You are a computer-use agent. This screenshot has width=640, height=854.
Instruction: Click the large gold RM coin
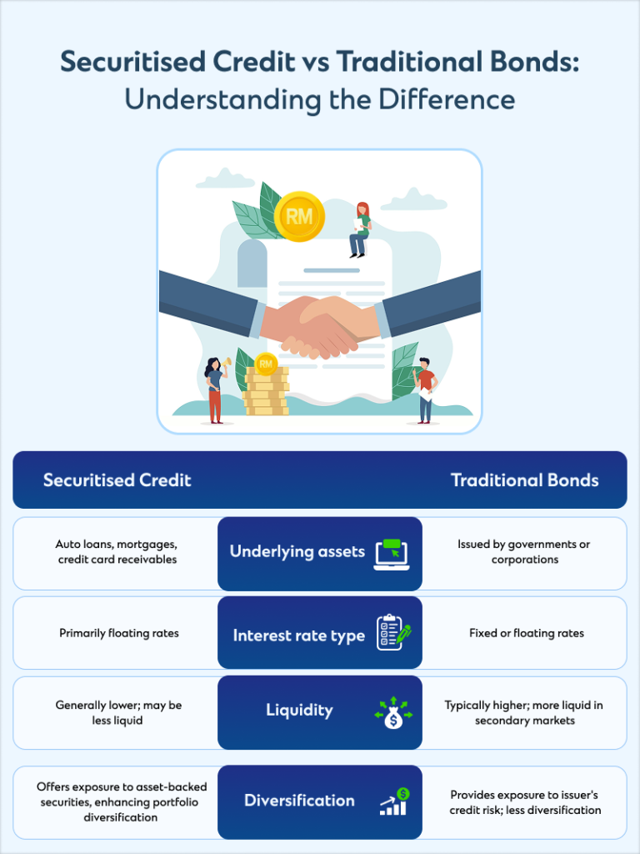pos(298,217)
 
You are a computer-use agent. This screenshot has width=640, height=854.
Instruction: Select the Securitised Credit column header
pos(117,480)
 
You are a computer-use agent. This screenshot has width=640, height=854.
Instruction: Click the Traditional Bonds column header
pos(524,480)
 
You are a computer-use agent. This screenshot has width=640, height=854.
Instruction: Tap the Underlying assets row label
pos(297,552)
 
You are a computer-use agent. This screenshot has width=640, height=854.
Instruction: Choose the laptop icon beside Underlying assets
pos(392,554)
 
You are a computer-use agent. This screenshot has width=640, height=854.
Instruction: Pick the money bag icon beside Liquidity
pos(392,714)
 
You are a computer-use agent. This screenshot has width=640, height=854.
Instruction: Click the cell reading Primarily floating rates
pos(119,633)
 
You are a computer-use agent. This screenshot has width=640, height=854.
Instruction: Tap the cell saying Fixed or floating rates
pos(526,633)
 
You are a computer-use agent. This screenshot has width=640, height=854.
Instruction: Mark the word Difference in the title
pos(447,98)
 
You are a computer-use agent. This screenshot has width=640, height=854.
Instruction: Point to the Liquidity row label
pos(299,711)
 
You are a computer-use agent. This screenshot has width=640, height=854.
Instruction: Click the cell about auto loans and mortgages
pos(117,552)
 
